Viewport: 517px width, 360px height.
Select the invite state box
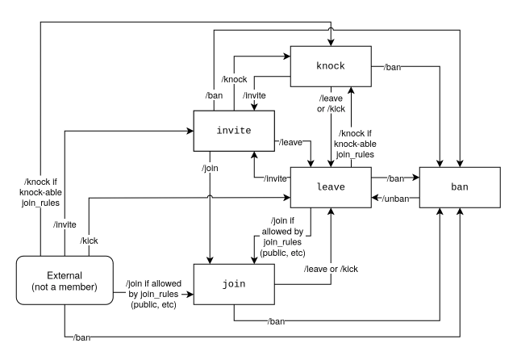[x=234, y=131]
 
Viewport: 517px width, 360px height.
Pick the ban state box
[x=460, y=186]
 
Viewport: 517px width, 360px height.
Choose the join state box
[x=233, y=285]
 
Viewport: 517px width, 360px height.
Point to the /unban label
[x=394, y=199]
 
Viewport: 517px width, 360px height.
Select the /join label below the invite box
[x=211, y=170]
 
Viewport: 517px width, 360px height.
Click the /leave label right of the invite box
[x=290, y=143]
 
